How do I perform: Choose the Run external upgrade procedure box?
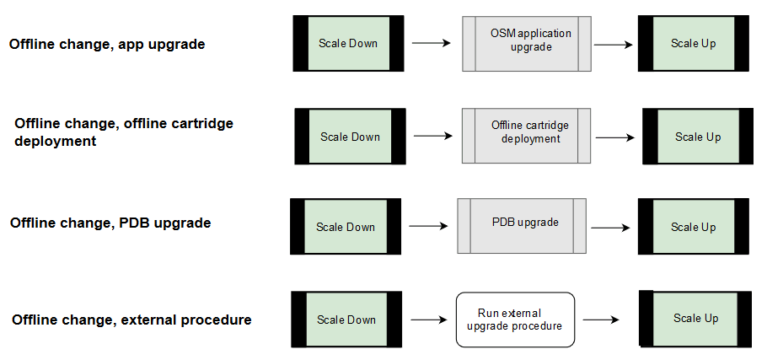(x=515, y=319)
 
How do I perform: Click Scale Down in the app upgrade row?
(x=348, y=43)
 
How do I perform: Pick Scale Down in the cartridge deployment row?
(x=350, y=137)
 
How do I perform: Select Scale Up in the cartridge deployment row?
(x=698, y=137)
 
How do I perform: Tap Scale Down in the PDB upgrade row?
(x=345, y=227)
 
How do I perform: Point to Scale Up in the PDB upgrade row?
(x=694, y=227)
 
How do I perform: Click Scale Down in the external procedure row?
(x=346, y=320)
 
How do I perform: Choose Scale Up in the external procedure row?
(x=695, y=318)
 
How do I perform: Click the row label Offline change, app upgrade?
(x=107, y=44)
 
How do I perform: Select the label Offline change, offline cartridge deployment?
(x=124, y=132)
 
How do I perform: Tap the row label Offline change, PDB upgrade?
(x=110, y=223)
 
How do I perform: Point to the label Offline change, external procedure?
(x=131, y=320)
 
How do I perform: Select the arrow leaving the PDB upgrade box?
(x=609, y=227)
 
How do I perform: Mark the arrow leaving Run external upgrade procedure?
(x=601, y=320)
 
